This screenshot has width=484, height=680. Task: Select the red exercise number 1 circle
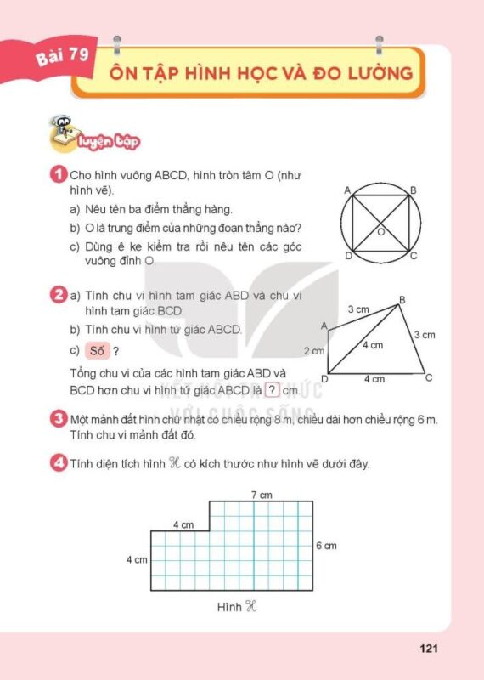(59, 176)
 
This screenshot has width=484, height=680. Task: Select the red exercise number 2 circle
(59, 296)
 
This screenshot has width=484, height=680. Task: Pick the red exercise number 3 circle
(59, 419)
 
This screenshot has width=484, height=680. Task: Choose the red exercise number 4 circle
(59, 463)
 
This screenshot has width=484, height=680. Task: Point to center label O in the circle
(381, 231)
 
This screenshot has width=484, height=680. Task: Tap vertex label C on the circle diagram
(414, 255)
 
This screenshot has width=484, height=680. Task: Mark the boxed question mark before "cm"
(272, 391)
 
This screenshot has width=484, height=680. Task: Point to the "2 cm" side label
(314, 350)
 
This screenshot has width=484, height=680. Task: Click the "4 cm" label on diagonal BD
(372, 345)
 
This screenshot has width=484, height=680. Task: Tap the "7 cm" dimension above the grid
(261, 495)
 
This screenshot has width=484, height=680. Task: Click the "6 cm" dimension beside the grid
(326, 545)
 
